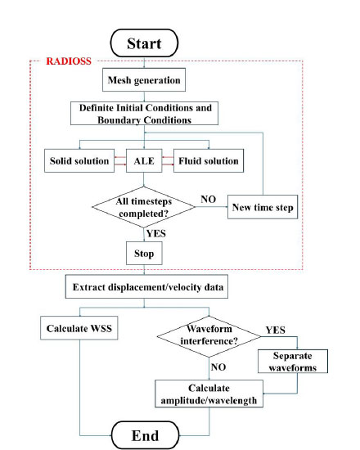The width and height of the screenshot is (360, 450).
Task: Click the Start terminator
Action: point(144,43)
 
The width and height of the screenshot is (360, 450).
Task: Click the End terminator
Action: point(145,435)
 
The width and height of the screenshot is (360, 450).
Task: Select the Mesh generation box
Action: point(144,80)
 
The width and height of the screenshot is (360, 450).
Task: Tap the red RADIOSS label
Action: point(69,61)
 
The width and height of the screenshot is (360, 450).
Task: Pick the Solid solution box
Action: point(79,160)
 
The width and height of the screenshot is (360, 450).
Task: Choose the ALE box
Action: point(144,160)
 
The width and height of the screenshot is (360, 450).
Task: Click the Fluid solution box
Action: point(209,160)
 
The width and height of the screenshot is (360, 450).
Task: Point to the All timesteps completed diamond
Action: point(143,207)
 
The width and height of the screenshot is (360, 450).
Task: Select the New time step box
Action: point(263,207)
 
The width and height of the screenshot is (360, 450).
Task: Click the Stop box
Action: point(144,253)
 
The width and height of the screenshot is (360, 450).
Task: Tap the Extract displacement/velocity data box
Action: point(146,286)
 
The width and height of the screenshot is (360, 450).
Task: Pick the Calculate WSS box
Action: point(79,328)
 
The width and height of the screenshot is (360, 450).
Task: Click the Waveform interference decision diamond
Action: point(209,336)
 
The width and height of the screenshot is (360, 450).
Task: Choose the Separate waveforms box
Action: point(293,362)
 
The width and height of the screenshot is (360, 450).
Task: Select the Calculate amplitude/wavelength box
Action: point(209,394)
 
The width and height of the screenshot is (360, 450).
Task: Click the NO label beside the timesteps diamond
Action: point(208,199)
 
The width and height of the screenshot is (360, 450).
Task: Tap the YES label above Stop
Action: point(156,233)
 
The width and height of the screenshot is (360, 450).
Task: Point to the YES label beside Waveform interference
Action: point(275,330)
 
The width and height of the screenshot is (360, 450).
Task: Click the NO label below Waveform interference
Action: point(218,367)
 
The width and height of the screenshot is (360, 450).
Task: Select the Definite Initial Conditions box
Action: point(144,114)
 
